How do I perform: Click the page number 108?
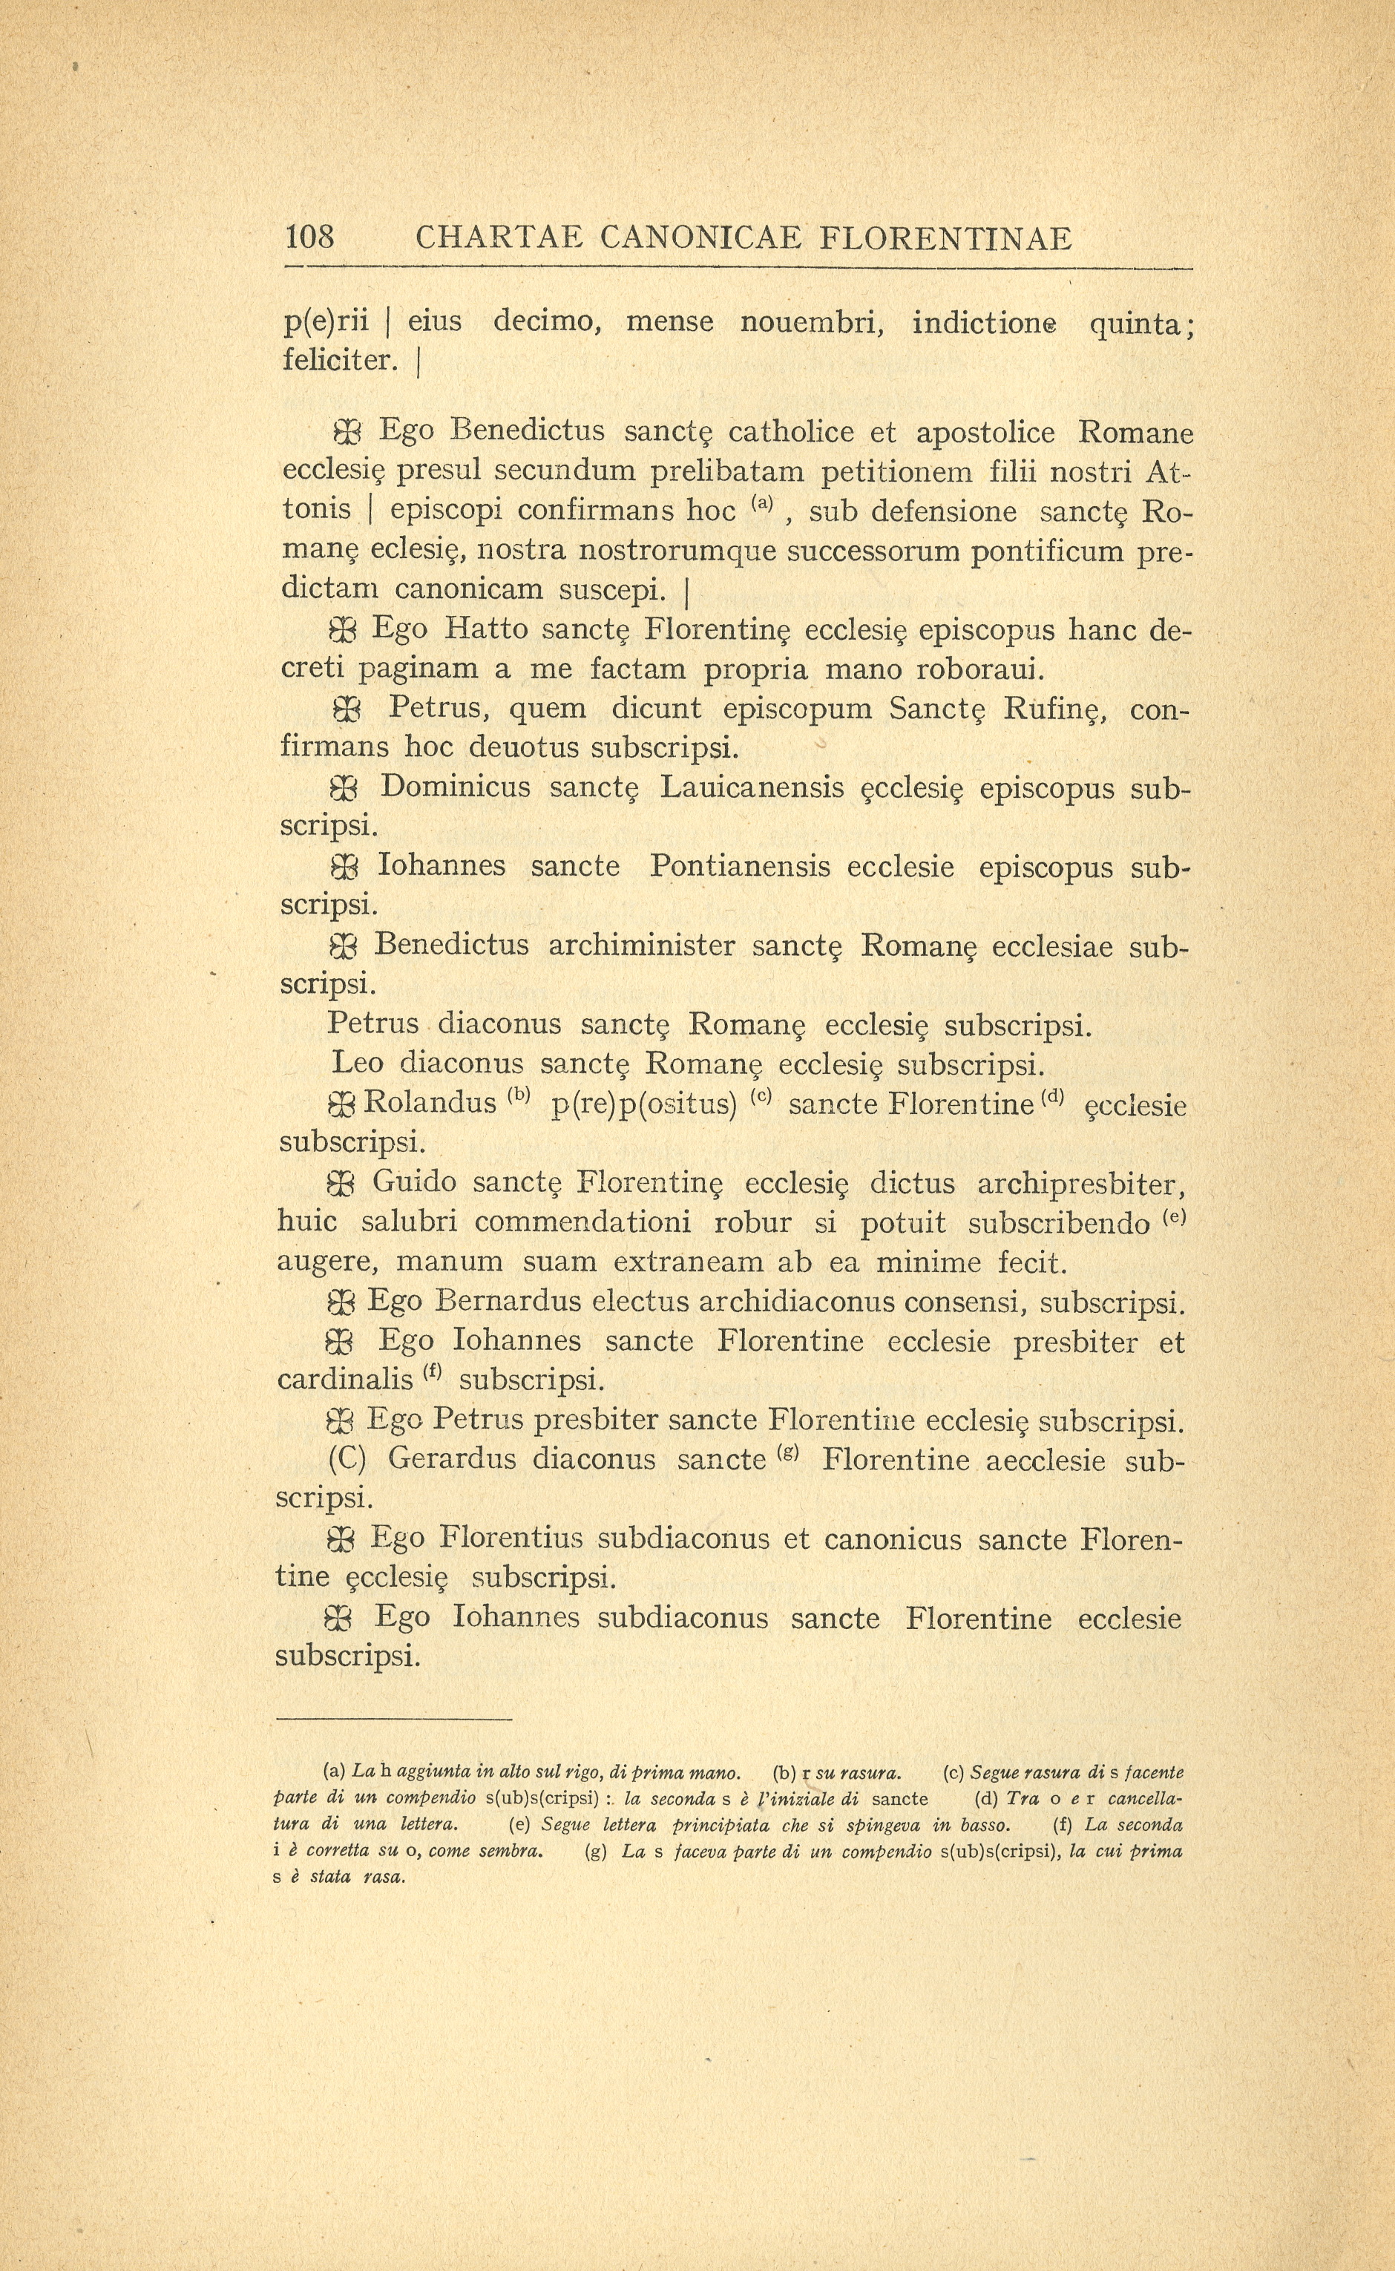coord(310,239)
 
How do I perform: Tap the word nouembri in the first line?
coord(812,322)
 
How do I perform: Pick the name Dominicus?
coord(456,787)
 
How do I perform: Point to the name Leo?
coord(356,1064)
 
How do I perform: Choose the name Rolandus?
coord(430,1104)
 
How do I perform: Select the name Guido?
coord(414,1183)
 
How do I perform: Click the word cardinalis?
coord(344,1380)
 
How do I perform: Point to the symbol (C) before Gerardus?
coord(347,1460)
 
